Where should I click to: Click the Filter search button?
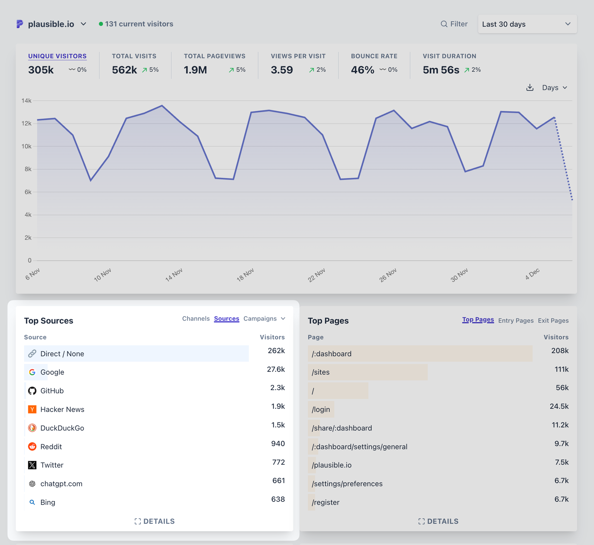[454, 24]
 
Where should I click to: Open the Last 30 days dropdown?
[527, 24]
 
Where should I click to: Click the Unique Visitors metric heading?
[57, 56]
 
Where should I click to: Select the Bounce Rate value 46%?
[362, 70]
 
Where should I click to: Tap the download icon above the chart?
[530, 88]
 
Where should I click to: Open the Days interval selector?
[555, 88]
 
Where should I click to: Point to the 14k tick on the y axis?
[26, 101]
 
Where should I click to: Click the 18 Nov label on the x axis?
[245, 275]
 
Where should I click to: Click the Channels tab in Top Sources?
[196, 319]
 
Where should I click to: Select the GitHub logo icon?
[32, 391]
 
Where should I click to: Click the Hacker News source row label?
[62, 409]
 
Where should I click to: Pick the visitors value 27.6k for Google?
[276, 369]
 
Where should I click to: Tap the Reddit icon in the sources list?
[32, 447]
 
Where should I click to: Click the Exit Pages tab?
[553, 321]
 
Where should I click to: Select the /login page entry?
[321, 409]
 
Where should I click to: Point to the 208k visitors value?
[560, 351]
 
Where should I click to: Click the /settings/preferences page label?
[347, 484]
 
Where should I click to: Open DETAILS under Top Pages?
[438, 521]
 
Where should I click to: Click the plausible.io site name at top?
[51, 24]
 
